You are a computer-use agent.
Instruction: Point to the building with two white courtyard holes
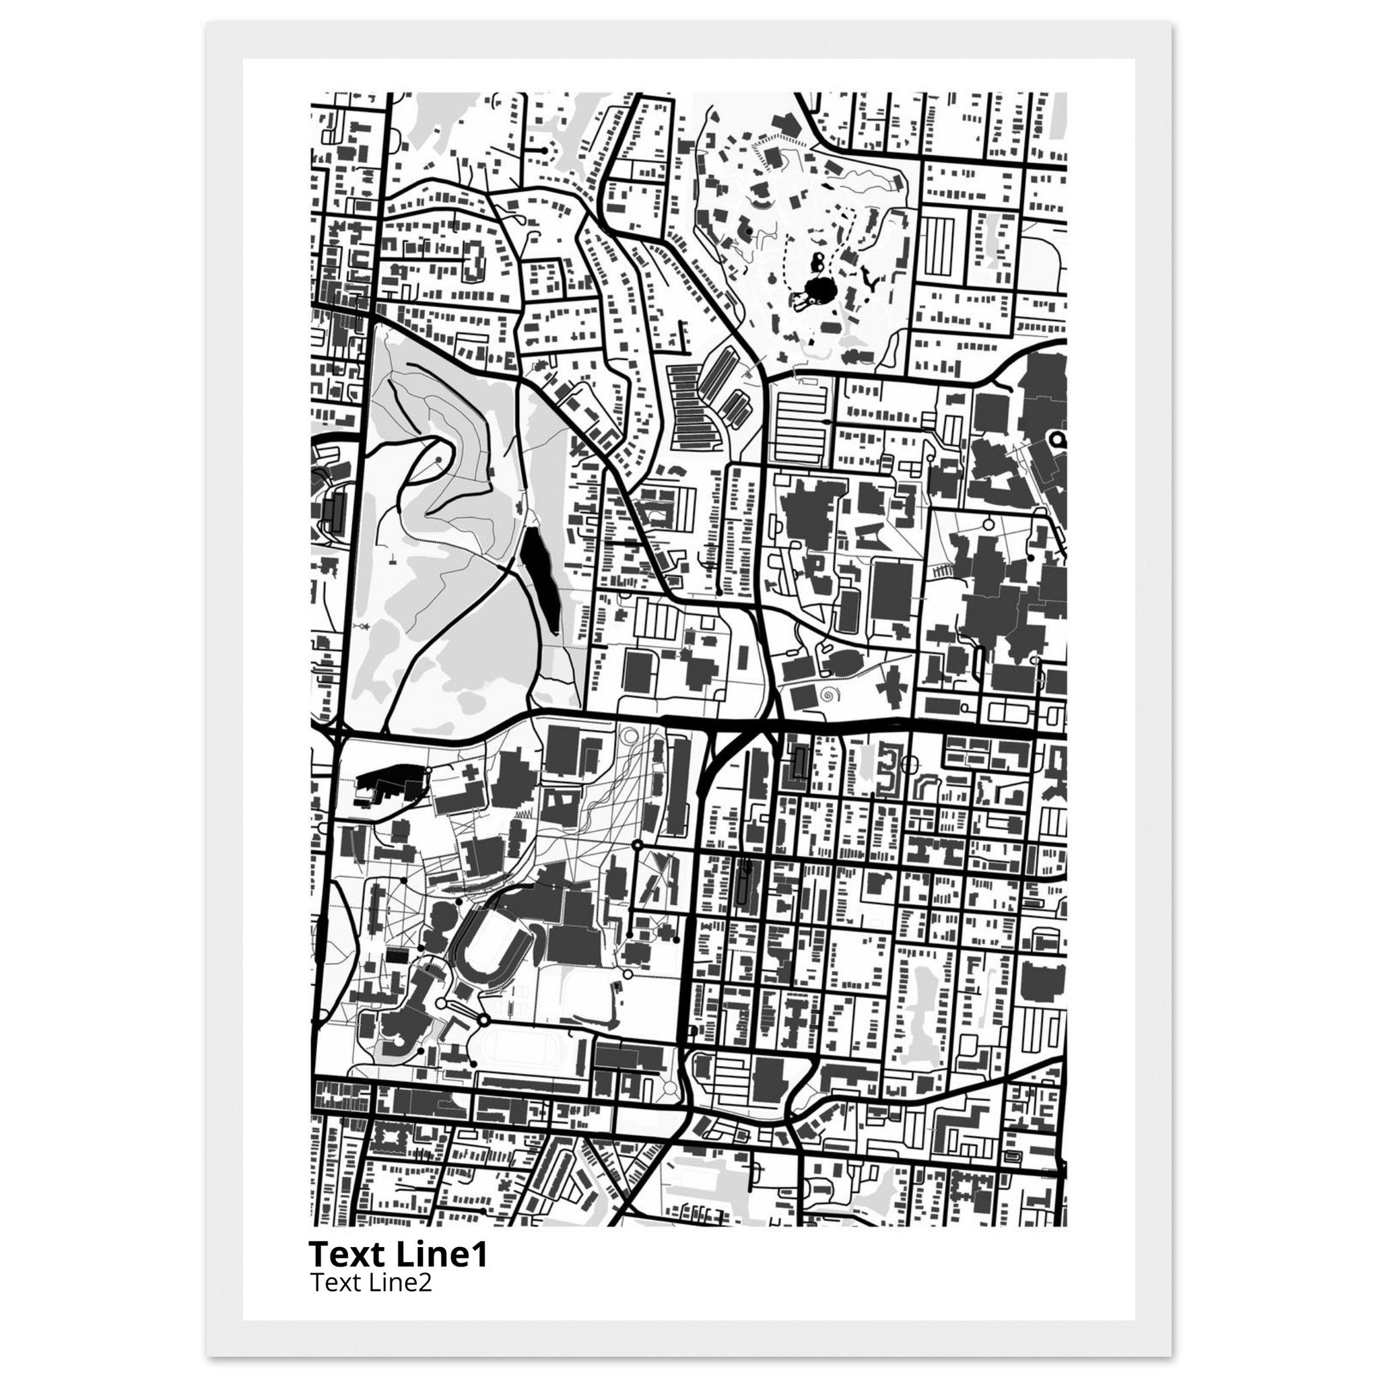click(x=560, y=807)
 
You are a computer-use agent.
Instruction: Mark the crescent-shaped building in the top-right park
click(x=761, y=205)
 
